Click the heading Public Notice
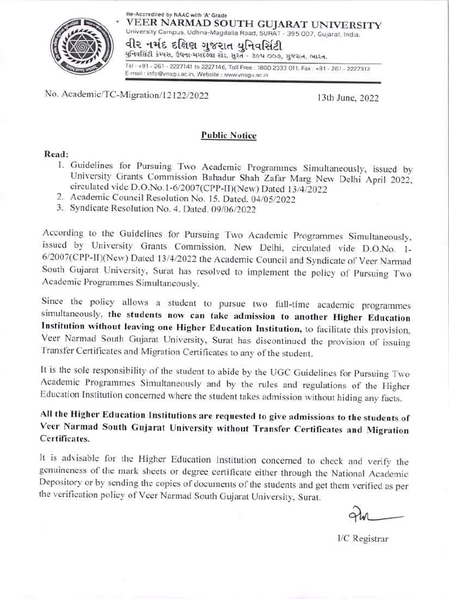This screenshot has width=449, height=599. click(x=229, y=136)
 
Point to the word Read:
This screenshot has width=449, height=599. click(x=57, y=155)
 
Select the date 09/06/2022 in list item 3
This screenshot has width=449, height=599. click(x=232, y=209)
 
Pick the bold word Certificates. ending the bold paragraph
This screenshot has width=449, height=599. click(x=65, y=439)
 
